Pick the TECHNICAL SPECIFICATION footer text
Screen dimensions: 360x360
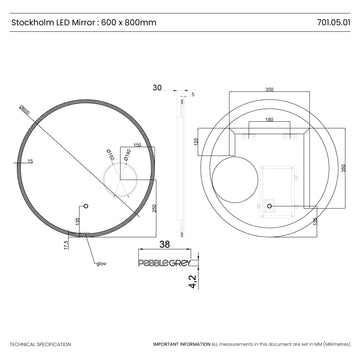click(40, 343)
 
